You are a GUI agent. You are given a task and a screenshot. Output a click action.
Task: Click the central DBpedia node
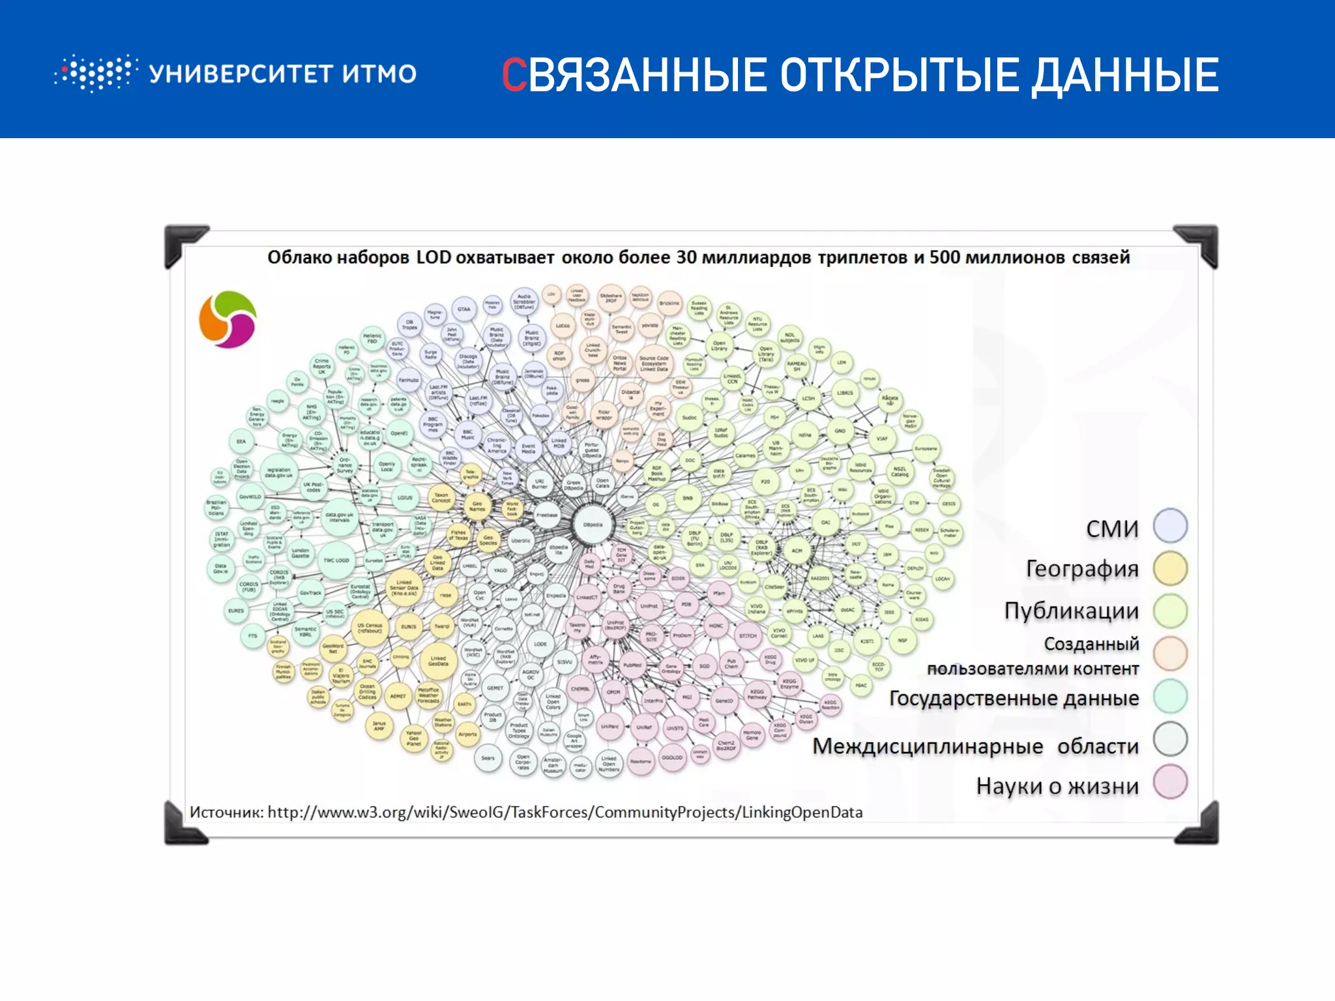pyautogui.click(x=593, y=524)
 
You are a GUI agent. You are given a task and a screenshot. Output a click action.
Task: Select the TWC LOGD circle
pyautogui.click(x=336, y=560)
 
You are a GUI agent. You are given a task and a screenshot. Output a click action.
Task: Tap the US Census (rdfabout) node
pyautogui.click(x=370, y=628)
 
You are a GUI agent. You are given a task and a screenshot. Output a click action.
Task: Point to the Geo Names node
pyautogui.click(x=477, y=505)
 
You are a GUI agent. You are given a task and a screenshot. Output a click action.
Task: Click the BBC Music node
pyautogui.click(x=467, y=434)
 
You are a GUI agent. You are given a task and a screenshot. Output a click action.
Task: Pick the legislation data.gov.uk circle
pyautogui.click(x=278, y=472)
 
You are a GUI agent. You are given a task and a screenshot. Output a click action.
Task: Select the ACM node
pyautogui.click(x=797, y=551)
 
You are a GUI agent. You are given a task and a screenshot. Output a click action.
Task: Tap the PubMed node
pyautogui.click(x=632, y=665)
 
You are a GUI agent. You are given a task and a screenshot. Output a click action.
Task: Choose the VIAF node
pyautogui.click(x=881, y=439)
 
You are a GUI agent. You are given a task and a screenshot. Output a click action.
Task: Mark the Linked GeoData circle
pyautogui.click(x=438, y=661)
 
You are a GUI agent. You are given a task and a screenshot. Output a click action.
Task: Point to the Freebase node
pyautogui.click(x=547, y=515)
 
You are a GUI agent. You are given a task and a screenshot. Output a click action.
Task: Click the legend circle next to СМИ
pyautogui.click(x=1170, y=526)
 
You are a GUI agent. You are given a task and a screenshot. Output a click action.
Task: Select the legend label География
pyautogui.click(x=1082, y=569)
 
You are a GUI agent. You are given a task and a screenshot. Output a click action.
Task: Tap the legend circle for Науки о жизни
pyautogui.click(x=1170, y=783)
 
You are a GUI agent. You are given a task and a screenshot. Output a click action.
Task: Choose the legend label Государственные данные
pyautogui.click(x=1014, y=698)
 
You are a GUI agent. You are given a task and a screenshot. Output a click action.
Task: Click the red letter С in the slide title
pyautogui.click(x=514, y=75)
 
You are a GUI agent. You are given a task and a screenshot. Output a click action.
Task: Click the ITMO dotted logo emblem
pyautogui.click(x=96, y=73)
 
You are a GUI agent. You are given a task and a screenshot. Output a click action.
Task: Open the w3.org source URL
pyautogui.click(x=565, y=812)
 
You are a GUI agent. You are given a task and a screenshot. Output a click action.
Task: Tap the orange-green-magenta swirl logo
pyautogui.click(x=227, y=319)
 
